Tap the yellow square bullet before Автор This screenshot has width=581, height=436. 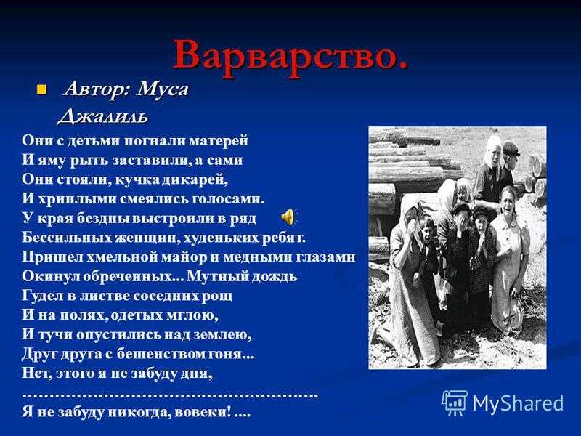[x=41, y=89]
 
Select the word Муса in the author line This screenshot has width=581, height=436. [x=162, y=89]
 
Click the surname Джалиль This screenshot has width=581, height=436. [x=102, y=116]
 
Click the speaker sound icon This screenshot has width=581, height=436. [x=289, y=217]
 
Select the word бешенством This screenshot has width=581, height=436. [x=158, y=354]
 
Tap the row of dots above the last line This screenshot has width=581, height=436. [x=171, y=396]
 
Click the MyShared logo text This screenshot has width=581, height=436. [x=518, y=403]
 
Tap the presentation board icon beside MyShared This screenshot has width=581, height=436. [x=455, y=403]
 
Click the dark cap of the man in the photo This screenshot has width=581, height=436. [x=512, y=148]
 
